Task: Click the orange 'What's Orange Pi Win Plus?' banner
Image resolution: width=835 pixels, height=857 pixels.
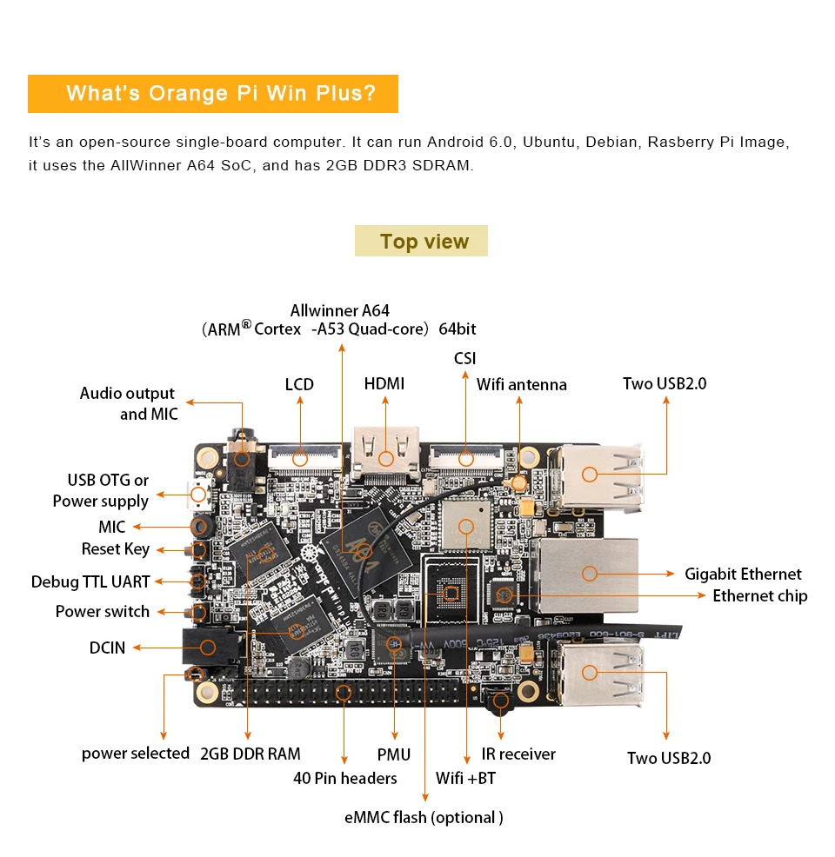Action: coord(213,94)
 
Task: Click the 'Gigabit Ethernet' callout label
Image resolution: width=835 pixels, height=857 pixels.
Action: coord(743,574)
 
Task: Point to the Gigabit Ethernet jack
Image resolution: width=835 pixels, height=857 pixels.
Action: coord(589,573)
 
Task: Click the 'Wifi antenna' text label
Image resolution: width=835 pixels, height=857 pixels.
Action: coord(521,384)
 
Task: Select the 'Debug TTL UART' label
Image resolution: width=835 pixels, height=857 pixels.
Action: coord(90,581)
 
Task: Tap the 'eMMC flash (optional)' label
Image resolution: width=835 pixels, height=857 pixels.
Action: coord(424,817)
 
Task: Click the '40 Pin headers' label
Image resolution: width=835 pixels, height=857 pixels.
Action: coord(344,778)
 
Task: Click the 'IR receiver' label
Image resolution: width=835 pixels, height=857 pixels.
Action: coord(518,754)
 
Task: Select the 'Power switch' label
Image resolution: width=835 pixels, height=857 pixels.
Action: coord(103,611)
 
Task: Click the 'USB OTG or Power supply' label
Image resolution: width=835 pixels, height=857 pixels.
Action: coord(102,490)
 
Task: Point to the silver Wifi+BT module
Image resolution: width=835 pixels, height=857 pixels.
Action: coord(466,525)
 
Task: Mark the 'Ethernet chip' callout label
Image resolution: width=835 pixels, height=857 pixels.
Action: coord(759,595)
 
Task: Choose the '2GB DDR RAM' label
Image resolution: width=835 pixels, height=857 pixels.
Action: coord(250,754)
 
